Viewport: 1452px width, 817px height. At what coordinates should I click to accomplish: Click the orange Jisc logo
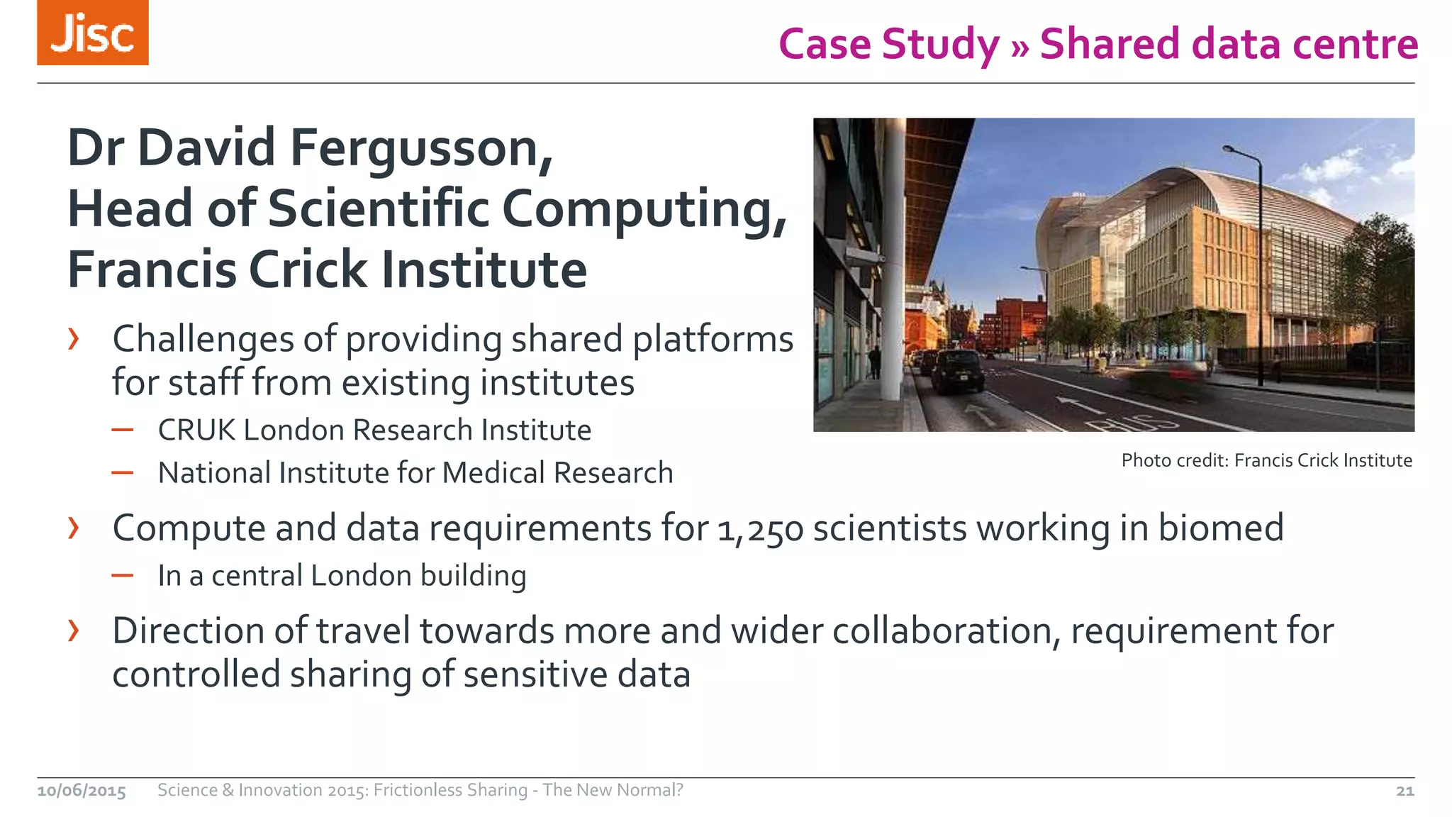[x=93, y=33]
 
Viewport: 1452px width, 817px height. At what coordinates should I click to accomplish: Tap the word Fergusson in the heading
[x=421, y=148]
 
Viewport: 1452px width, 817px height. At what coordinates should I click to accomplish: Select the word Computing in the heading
[x=644, y=209]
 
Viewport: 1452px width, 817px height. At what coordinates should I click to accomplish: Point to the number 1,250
[x=760, y=529]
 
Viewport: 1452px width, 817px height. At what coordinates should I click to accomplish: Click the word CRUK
[x=196, y=430]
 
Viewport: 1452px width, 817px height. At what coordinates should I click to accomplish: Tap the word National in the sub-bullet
[x=213, y=473]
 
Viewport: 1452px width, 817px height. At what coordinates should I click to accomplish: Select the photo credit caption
[x=1266, y=460]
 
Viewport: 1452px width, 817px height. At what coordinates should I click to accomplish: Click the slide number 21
[x=1404, y=791]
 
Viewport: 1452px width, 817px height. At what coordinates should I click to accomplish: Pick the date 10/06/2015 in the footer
[x=82, y=791]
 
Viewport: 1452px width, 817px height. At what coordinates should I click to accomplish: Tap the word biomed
[x=1220, y=528]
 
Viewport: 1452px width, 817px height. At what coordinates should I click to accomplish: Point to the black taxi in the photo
[x=956, y=371]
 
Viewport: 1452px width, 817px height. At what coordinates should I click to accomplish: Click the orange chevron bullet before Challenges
[x=74, y=339]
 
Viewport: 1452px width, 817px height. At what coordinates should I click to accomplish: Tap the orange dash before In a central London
[x=122, y=575]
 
